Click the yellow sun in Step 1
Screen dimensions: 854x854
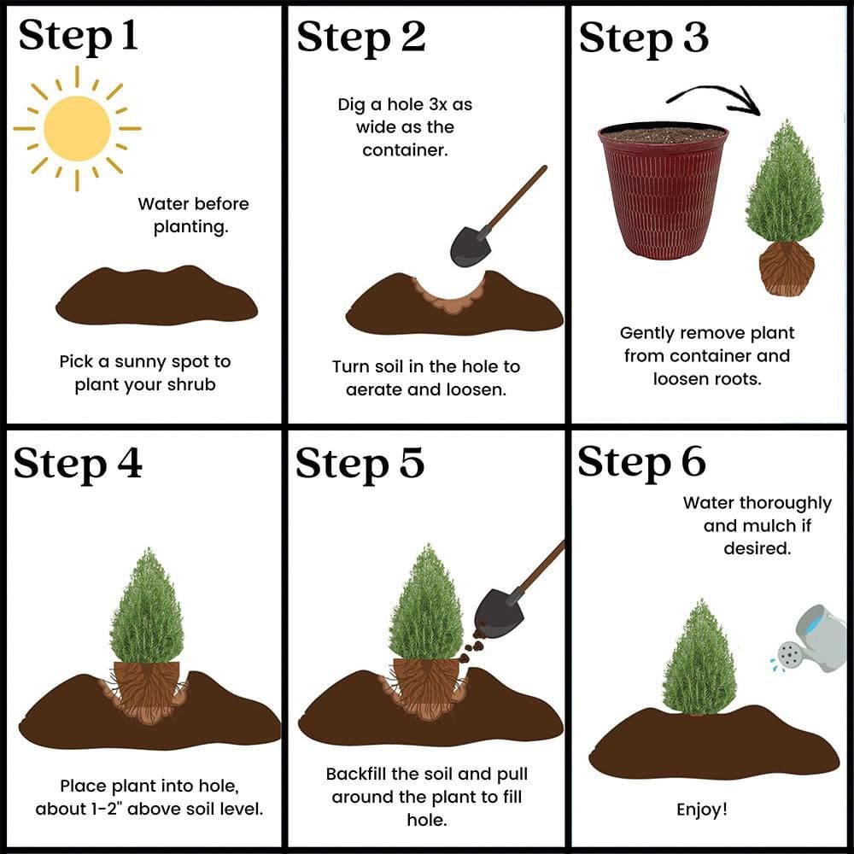[x=77, y=129]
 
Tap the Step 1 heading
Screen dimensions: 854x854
[x=78, y=36]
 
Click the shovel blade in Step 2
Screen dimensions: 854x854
[x=471, y=247]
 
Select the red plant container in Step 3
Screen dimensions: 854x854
[x=663, y=190]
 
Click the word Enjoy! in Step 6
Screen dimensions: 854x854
[x=701, y=810]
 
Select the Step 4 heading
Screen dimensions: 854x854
[x=78, y=464]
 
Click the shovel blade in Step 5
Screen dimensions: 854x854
[x=498, y=614]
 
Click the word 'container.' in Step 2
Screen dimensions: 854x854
[x=405, y=149]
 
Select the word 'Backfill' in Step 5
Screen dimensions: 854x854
[x=356, y=774]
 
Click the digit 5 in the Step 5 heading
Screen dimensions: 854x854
[x=412, y=463]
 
